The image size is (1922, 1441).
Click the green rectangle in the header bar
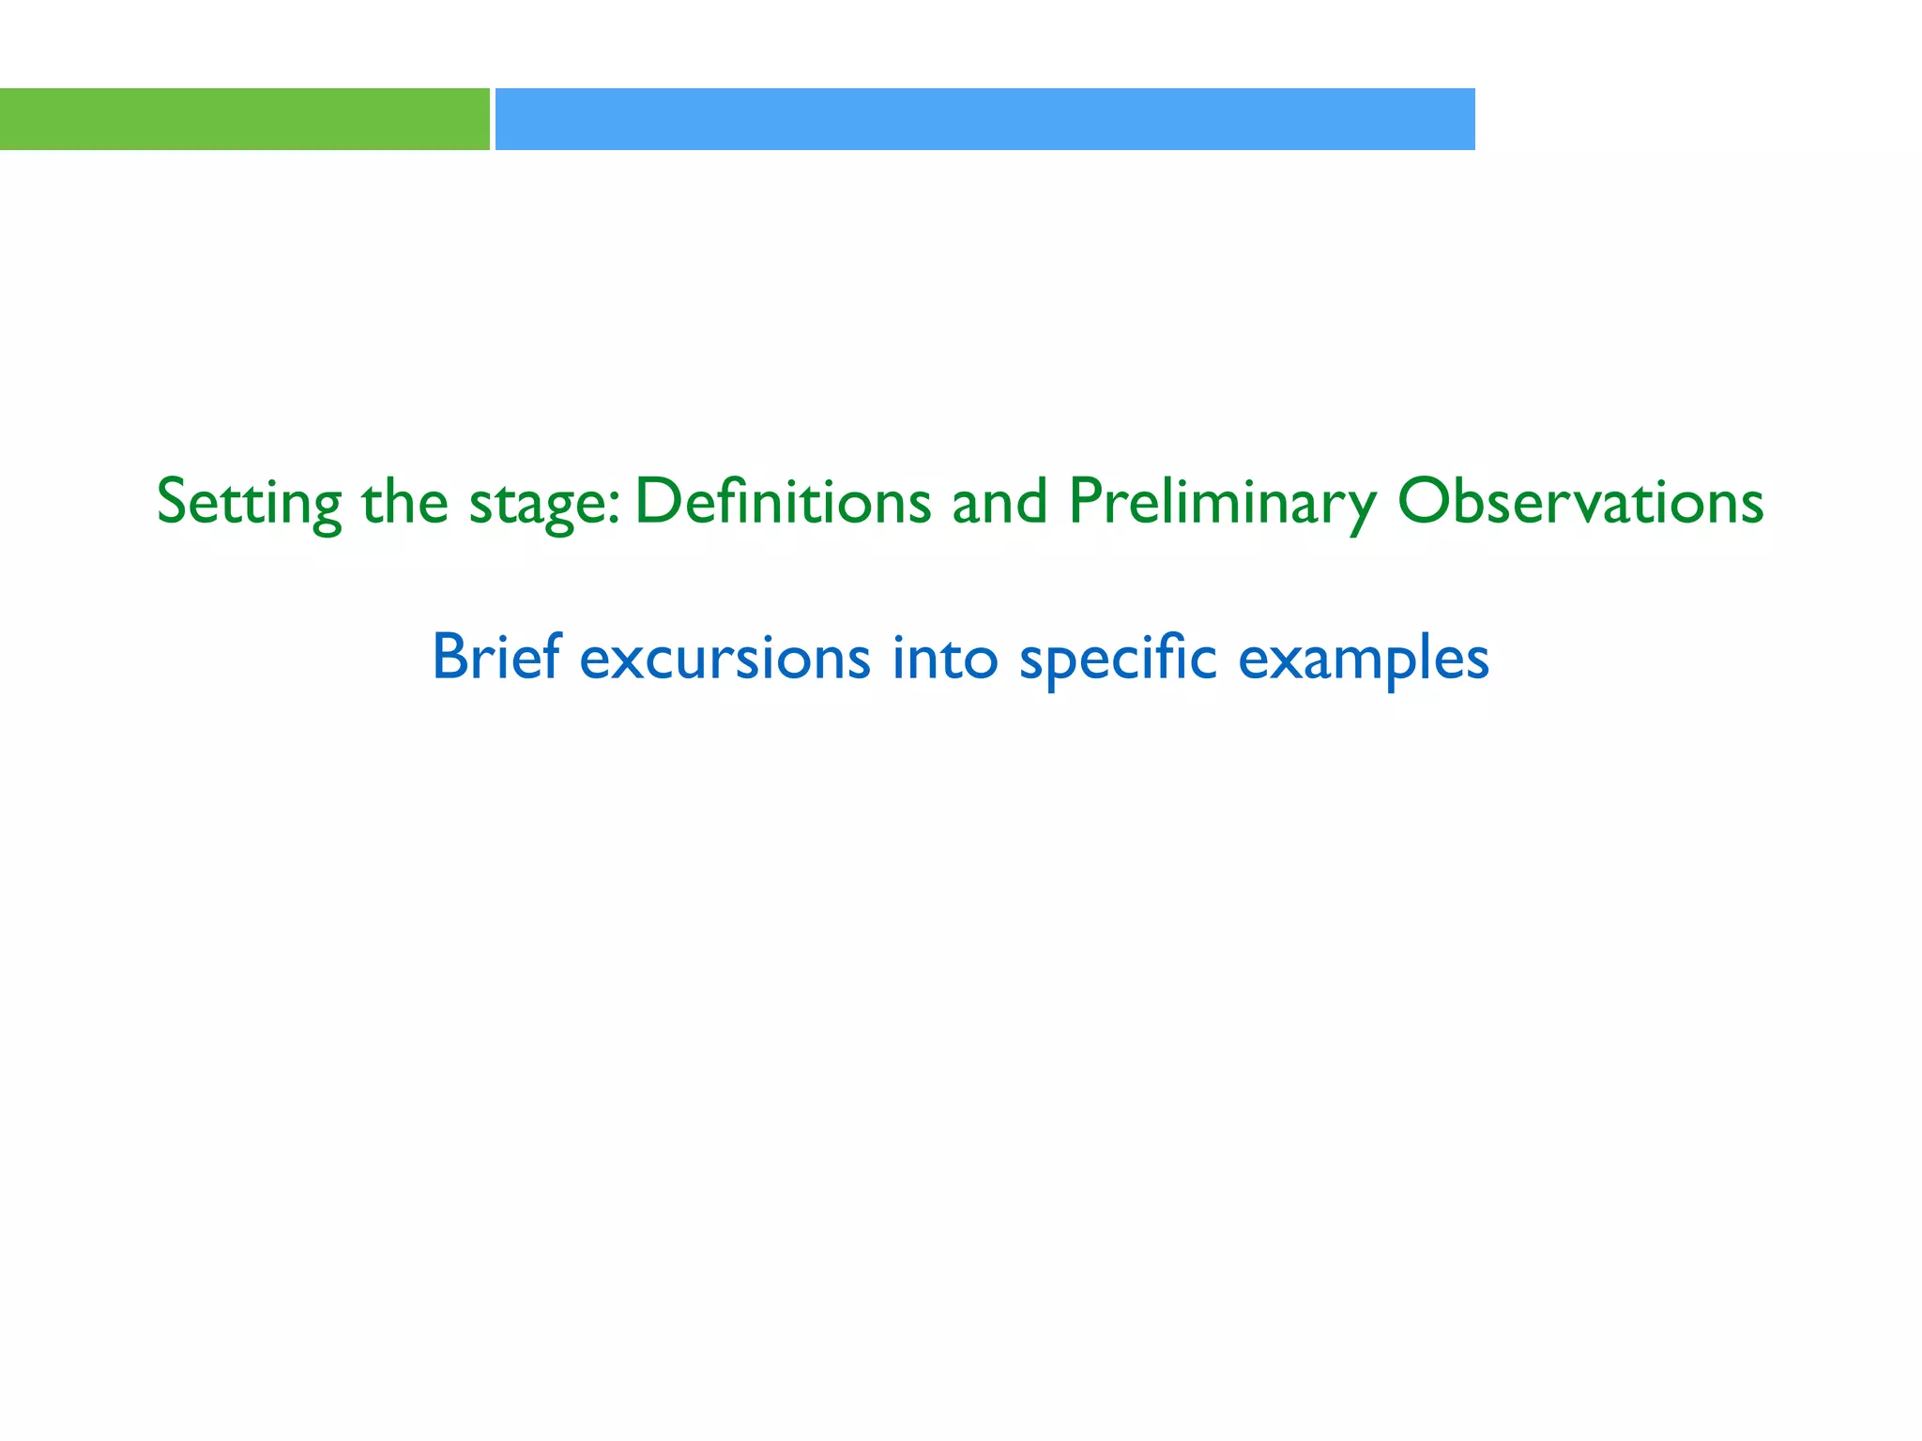coord(244,119)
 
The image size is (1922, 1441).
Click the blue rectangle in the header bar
coord(984,119)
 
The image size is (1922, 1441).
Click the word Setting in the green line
coord(249,503)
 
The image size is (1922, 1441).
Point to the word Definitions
coord(783,501)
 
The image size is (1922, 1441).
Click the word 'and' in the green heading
coord(999,501)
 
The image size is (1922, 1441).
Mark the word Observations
coord(1580,501)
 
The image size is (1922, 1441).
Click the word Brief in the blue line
coord(496,657)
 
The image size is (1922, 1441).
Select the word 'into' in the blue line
coord(945,657)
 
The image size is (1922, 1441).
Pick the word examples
coord(1364,660)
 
